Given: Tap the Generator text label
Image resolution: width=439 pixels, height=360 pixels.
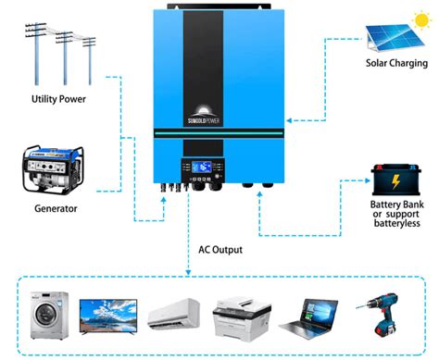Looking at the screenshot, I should point(56,208).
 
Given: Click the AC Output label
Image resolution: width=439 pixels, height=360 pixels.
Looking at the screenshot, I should point(222,249).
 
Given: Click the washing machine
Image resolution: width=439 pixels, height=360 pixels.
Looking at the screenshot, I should point(45,316).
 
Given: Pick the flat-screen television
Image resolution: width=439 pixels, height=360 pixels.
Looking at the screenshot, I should point(107,316).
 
